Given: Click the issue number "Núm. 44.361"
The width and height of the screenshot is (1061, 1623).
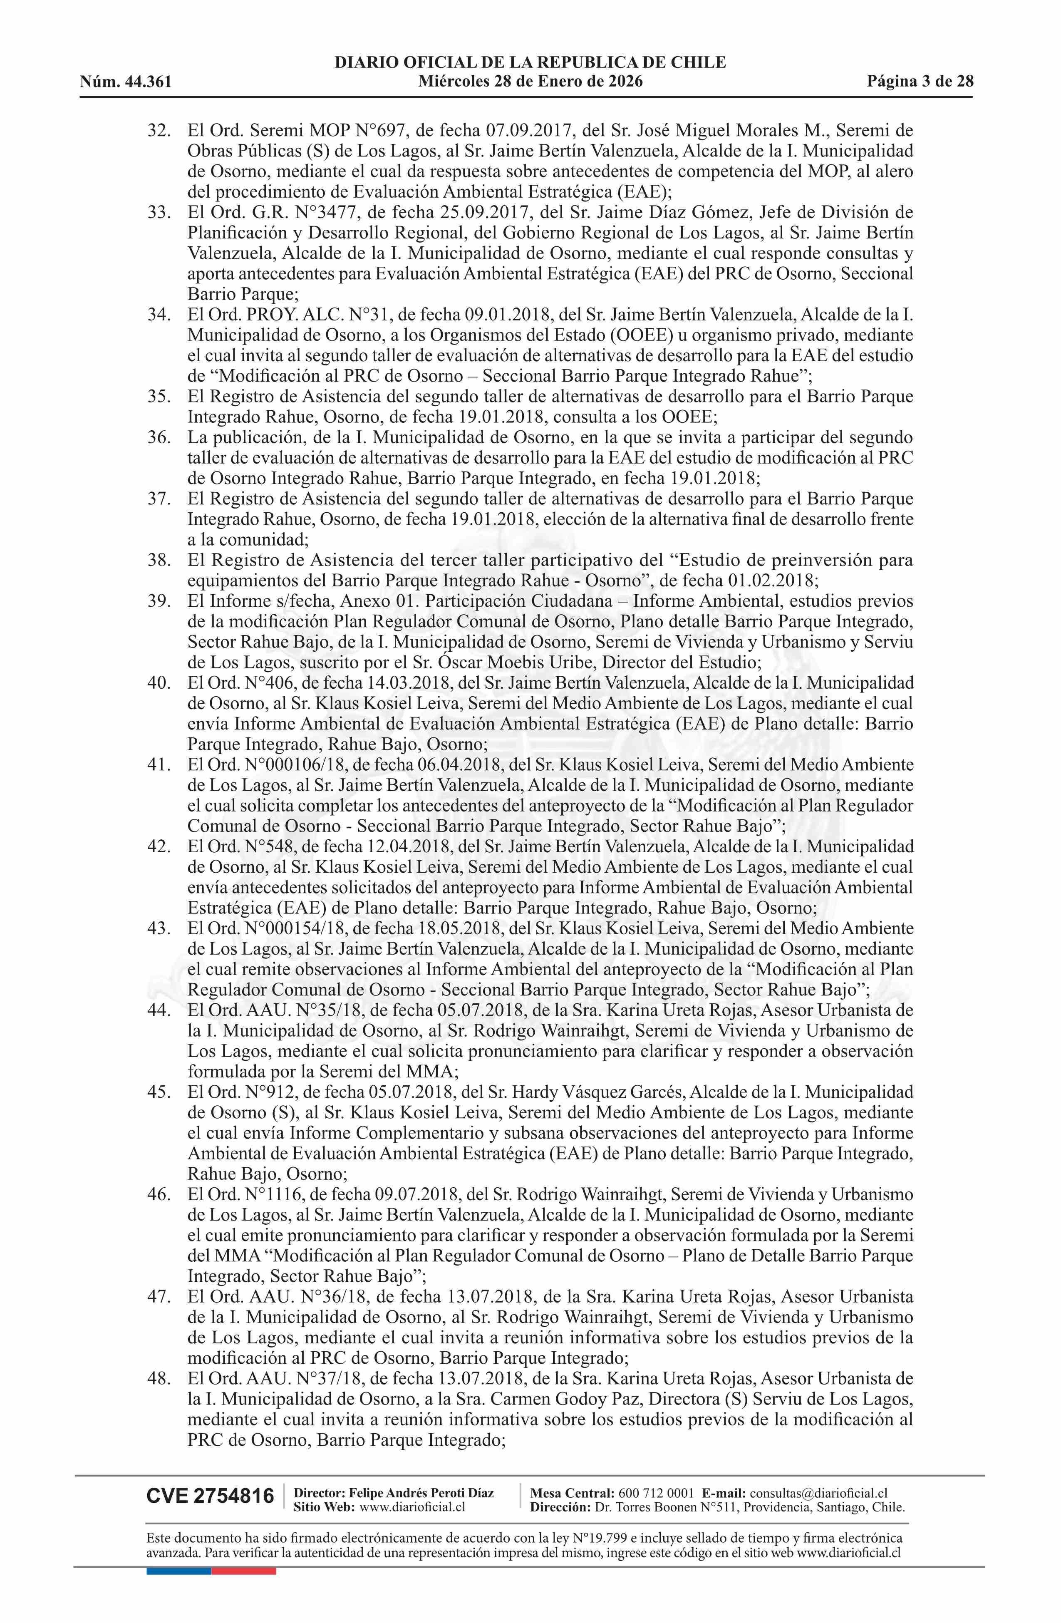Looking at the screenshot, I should (x=126, y=82).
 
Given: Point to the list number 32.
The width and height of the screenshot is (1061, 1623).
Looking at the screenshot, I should (x=159, y=130).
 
